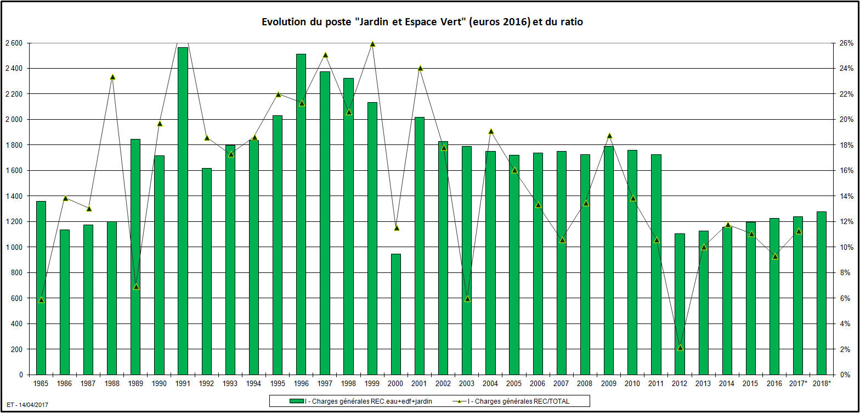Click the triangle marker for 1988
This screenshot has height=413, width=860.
112,77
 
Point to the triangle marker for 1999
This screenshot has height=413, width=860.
372,44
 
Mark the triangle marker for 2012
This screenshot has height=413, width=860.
680,348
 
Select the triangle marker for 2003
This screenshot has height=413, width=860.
467,298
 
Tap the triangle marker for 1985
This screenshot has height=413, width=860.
41,299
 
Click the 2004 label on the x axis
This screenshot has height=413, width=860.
490,383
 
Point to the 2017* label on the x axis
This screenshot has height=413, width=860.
798,383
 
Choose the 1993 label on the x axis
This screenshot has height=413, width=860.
230,383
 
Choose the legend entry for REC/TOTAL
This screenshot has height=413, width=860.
516,401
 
